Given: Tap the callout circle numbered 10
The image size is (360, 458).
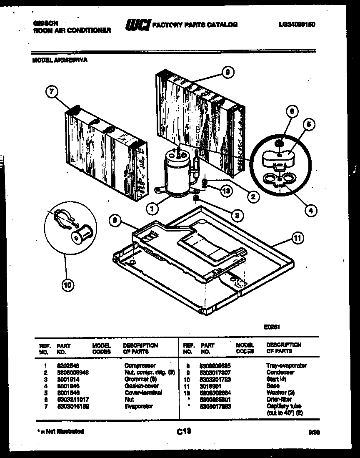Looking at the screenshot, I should point(67,285).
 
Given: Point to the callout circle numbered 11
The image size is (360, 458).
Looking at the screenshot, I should point(297,239).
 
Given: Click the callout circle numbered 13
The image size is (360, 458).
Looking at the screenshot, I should point(226,191).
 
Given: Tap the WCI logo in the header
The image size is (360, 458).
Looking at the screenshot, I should point(137,25).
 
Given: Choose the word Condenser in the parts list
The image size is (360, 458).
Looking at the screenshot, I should point(280,372).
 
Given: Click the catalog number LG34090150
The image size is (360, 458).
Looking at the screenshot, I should point(297,25).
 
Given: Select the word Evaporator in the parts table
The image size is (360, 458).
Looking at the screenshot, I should point(138,406).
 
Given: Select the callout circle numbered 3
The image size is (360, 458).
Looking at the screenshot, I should point(236,215).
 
